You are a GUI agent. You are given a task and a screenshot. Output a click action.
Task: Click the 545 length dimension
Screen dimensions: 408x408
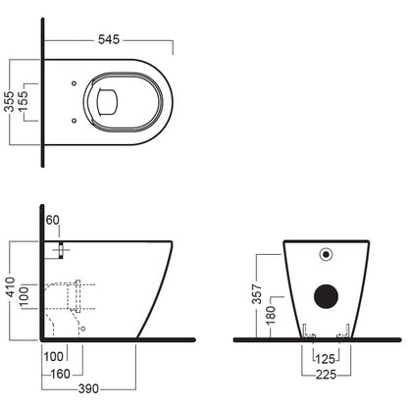pos(109,39)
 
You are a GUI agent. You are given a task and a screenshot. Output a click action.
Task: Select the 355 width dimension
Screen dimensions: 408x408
pos(10,101)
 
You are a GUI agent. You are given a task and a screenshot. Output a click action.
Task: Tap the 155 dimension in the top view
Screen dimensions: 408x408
pos(24,101)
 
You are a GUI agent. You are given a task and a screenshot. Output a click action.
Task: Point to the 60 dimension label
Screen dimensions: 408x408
pos(52,220)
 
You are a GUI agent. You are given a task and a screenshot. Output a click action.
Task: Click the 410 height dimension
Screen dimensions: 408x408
pos(11,287)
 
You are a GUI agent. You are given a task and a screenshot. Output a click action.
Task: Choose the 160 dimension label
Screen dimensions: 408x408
pos(61,374)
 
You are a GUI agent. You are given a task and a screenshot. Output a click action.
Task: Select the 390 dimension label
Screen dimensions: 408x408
pos(88,388)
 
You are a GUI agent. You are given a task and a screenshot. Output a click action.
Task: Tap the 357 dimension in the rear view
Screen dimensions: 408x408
pos(257,294)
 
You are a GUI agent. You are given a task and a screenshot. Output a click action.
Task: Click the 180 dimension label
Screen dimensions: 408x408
pos(271,316)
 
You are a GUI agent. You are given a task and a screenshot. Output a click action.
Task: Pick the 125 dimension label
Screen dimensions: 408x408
pos(326,359)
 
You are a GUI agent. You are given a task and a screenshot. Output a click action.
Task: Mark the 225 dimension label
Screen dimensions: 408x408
pos(327,375)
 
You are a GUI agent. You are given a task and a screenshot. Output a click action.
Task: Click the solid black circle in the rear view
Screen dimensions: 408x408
pos(326,296)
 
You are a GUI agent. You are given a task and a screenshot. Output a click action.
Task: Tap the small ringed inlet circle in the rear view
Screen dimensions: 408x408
pos(326,254)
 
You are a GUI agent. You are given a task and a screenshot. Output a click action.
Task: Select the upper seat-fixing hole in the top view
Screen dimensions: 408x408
pos(74,83)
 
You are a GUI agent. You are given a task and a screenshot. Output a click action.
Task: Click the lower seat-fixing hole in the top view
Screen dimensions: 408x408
pos(74,121)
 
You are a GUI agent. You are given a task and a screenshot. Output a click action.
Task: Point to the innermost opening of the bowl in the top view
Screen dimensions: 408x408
pos(107,102)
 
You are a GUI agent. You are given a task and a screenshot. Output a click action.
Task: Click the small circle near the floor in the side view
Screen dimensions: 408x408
pos(83,329)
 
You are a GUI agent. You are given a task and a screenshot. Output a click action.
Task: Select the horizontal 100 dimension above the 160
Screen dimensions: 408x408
pos(53,357)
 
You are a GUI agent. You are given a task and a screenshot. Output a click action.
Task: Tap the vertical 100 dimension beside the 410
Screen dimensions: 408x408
pos(25,297)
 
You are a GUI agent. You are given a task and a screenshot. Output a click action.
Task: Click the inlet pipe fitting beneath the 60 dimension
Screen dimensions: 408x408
pos(61,250)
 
